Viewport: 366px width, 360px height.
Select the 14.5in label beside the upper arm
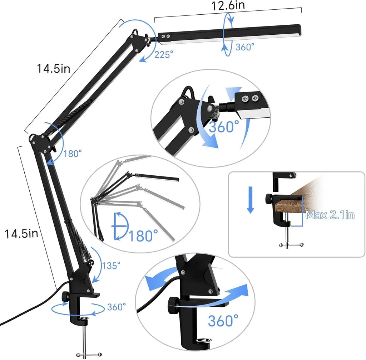point(54,68)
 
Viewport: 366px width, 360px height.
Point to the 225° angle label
point(164,54)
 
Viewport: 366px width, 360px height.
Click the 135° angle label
point(111,266)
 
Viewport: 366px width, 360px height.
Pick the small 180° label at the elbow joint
point(73,153)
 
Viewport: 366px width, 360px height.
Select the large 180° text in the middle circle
point(143,236)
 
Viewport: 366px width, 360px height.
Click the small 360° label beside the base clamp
point(117,307)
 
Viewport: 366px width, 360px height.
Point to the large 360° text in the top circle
point(224,127)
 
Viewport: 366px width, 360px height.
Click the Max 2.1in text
point(330,215)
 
